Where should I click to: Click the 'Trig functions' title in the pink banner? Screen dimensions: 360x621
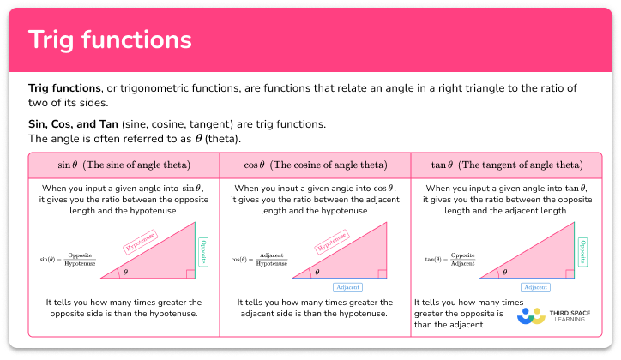[x=110, y=40]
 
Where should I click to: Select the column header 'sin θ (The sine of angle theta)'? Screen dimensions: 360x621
[x=124, y=164]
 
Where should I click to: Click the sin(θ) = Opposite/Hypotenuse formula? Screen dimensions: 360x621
[x=69, y=258]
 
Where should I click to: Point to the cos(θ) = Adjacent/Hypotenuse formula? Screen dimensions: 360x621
[x=260, y=258]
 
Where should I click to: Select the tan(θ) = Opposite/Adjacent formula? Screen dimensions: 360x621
[x=451, y=258]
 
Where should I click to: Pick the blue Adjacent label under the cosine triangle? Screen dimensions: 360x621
[x=347, y=287]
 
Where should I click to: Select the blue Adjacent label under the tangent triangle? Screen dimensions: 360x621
[x=536, y=287]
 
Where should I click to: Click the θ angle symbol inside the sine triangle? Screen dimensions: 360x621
[x=124, y=272]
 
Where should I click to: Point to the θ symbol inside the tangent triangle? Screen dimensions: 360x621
[x=504, y=272]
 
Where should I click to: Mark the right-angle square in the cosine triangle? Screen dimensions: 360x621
[x=378, y=273]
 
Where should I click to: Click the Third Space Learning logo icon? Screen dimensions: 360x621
[x=532, y=315]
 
